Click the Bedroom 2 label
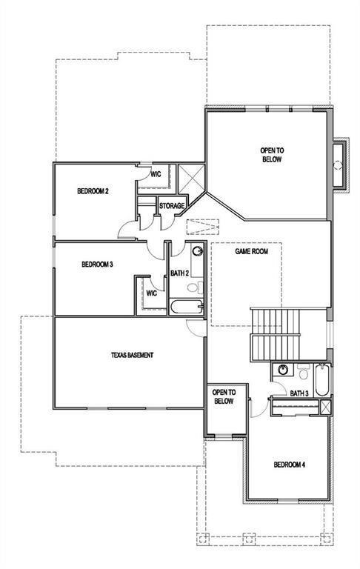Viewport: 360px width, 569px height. point(93,191)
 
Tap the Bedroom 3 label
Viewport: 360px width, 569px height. point(96,263)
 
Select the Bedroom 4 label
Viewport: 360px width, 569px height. point(289,465)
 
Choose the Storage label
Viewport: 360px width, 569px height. point(172,205)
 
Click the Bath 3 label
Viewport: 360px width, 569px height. point(299,393)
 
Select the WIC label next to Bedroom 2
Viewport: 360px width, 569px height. point(157,175)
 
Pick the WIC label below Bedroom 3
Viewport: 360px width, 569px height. point(152,293)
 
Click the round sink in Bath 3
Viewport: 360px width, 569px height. point(282,370)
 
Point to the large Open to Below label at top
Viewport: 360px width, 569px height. point(272,155)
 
